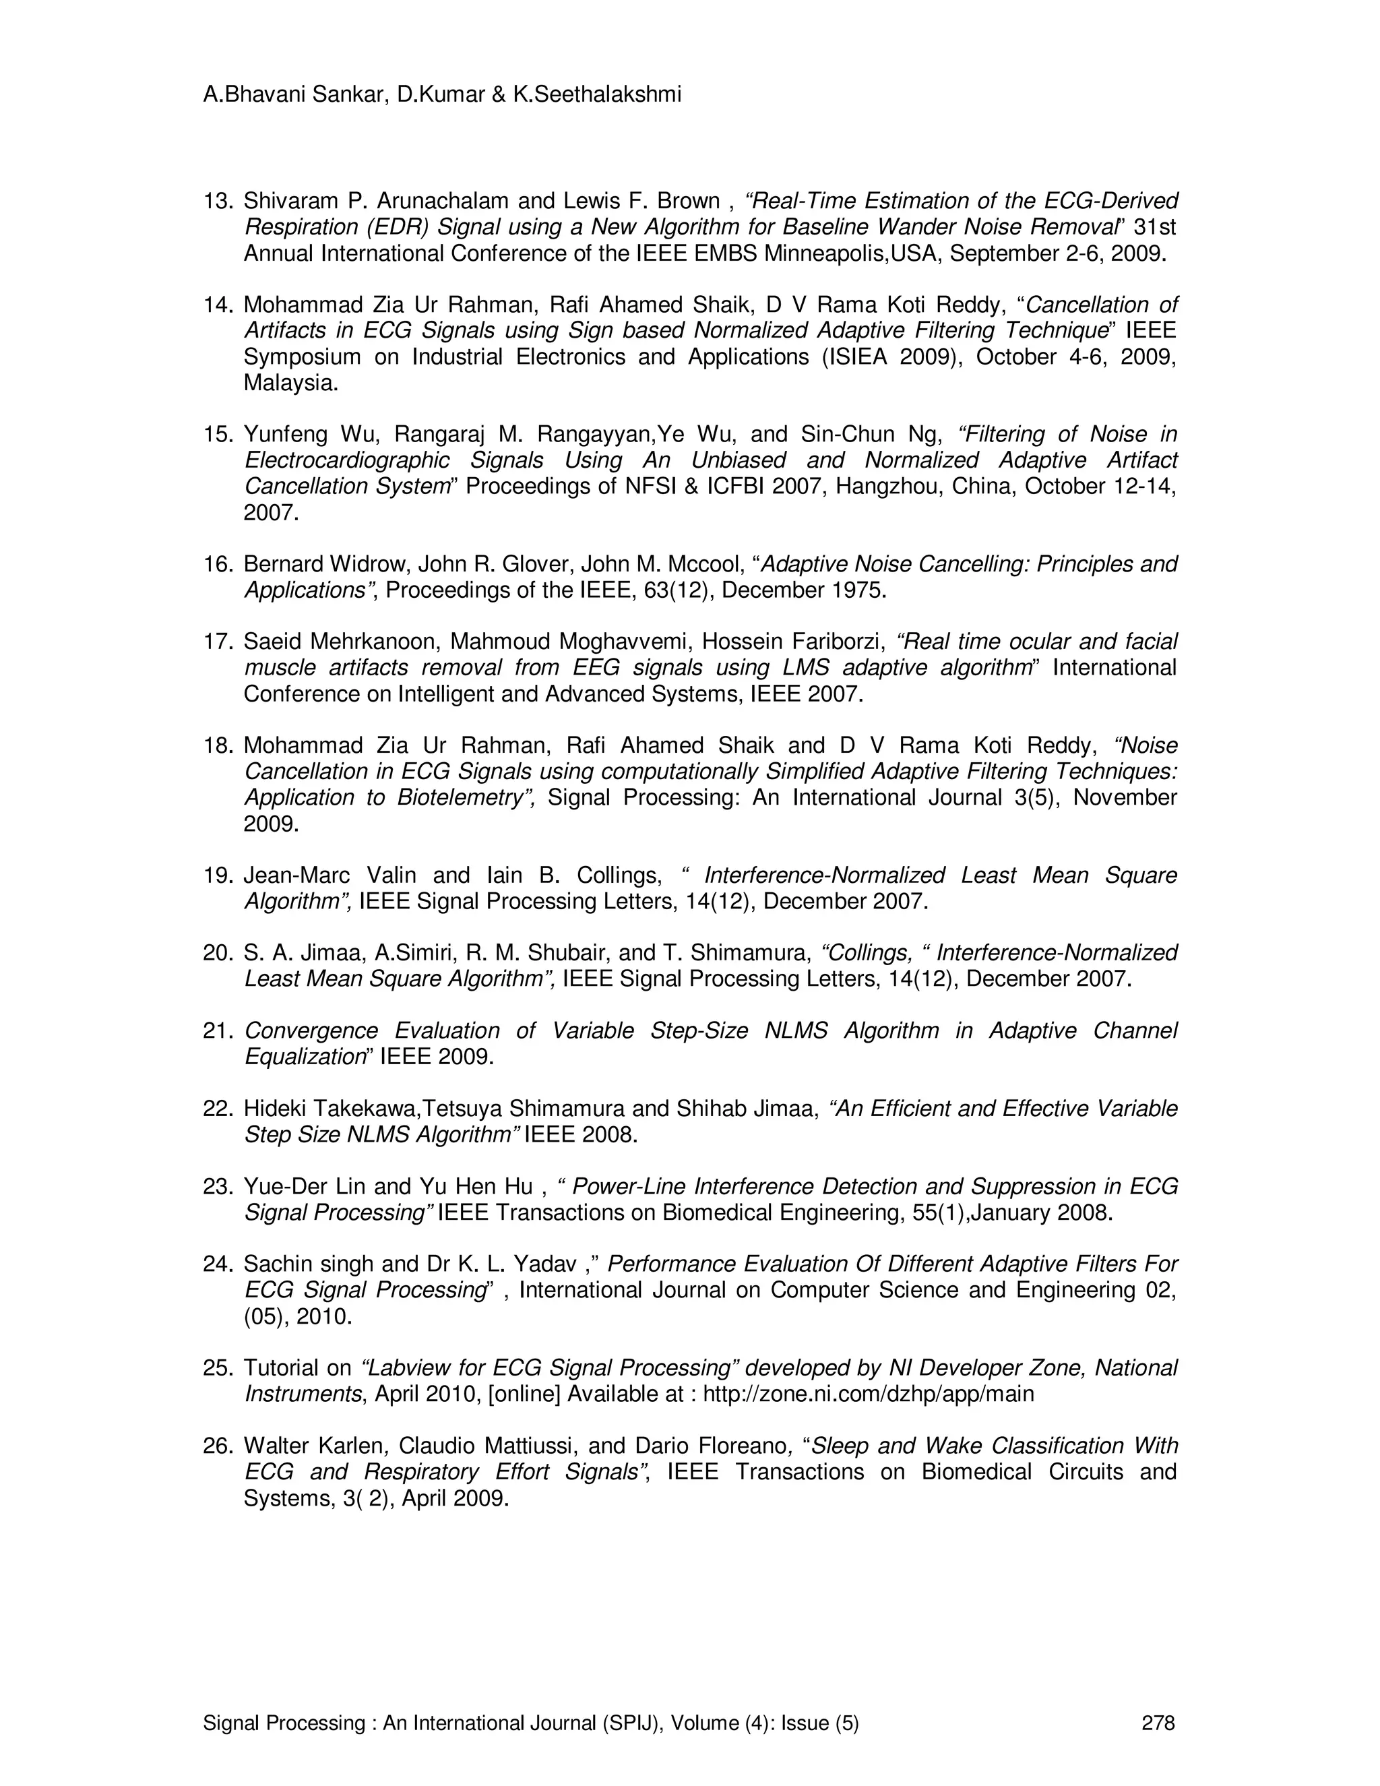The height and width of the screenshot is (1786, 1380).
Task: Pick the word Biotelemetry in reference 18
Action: point(464,798)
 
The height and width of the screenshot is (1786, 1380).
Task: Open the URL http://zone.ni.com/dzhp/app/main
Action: point(868,1394)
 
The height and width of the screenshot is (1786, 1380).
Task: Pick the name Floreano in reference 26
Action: point(741,1446)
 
